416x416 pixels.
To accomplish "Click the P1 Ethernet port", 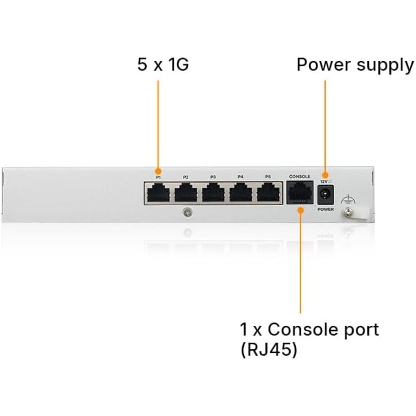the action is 158,193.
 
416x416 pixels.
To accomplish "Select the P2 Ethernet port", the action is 186,193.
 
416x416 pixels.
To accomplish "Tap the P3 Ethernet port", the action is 213,193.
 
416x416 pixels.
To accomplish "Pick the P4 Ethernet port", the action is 241,193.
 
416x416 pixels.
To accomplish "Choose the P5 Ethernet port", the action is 268,193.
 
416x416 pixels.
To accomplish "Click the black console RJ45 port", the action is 300,193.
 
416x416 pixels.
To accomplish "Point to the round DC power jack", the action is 325,195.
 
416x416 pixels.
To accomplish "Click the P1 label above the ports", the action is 158,177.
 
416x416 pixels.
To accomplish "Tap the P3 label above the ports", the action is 213,177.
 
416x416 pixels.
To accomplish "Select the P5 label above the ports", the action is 268,177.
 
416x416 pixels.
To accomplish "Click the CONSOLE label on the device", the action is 300,176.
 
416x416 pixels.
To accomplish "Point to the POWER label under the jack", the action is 326,209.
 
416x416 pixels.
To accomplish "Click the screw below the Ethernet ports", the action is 188,212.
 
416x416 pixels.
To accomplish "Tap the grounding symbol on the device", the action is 348,200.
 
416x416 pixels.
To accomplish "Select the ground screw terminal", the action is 347,212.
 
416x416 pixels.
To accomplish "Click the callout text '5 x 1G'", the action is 163,64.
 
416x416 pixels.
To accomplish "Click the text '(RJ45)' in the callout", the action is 269,350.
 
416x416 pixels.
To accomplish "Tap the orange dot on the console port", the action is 300,210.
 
